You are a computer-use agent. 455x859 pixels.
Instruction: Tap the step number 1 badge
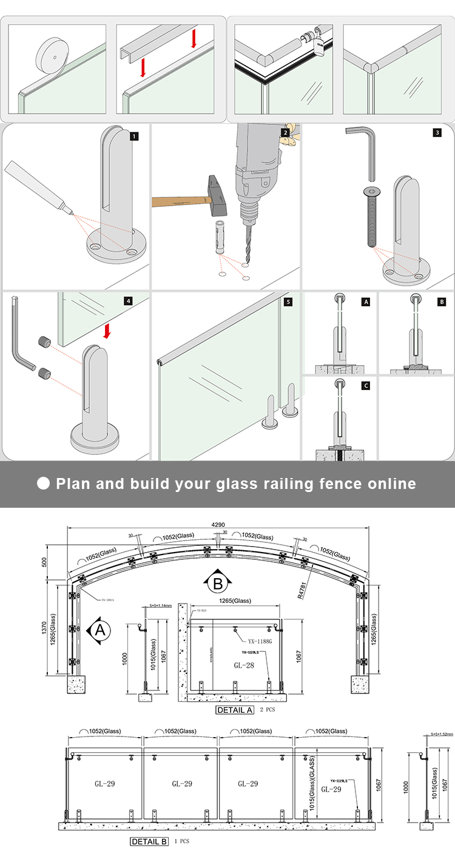pyautogui.click(x=134, y=136)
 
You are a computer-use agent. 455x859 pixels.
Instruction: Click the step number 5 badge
pyautogui.click(x=288, y=300)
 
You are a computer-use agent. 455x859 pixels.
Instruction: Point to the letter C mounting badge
pyautogui.click(x=365, y=385)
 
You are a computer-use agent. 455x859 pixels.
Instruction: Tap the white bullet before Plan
pyautogui.click(x=43, y=483)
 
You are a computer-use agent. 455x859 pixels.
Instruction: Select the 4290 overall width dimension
pyautogui.click(x=220, y=524)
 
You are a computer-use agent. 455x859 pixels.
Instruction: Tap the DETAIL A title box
pyautogui.click(x=235, y=710)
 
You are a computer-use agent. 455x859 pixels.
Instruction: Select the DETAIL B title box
pyautogui.click(x=149, y=841)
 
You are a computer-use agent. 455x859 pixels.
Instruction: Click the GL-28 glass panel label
pyautogui.click(x=244, y=665)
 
